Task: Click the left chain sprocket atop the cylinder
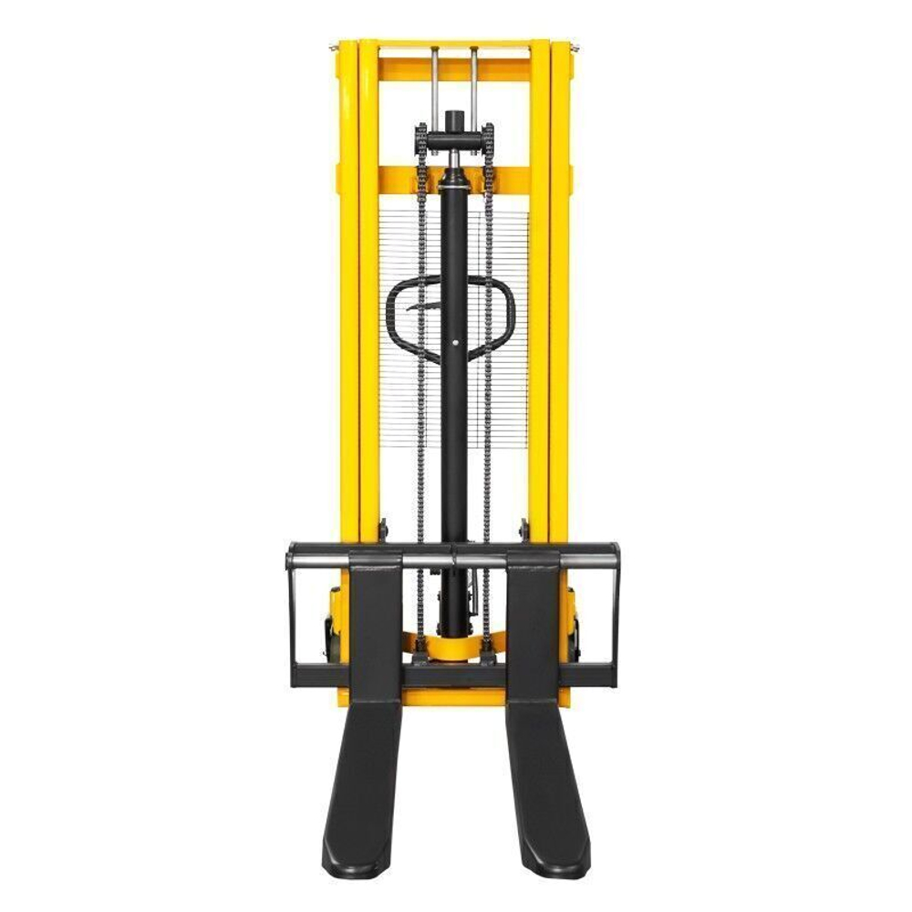420,140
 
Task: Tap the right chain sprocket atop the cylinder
489,140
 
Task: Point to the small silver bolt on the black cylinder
455,344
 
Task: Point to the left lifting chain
421,365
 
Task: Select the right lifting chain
488,365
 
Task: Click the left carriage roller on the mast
382,528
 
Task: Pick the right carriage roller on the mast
525,528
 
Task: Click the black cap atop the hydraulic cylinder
454,121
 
